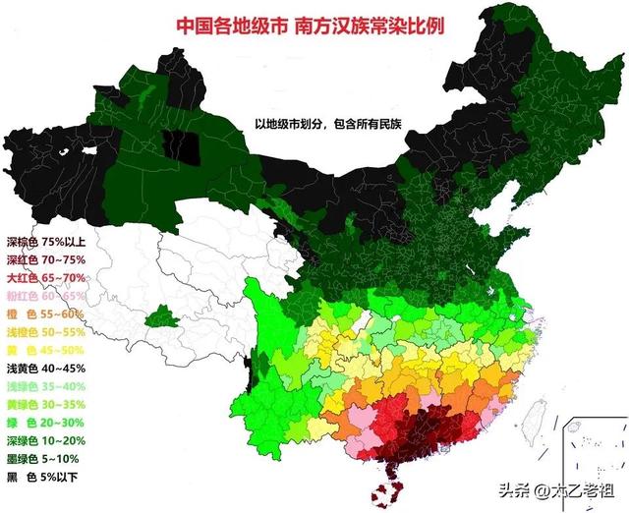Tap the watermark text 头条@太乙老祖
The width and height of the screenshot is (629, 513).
(547, 487)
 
